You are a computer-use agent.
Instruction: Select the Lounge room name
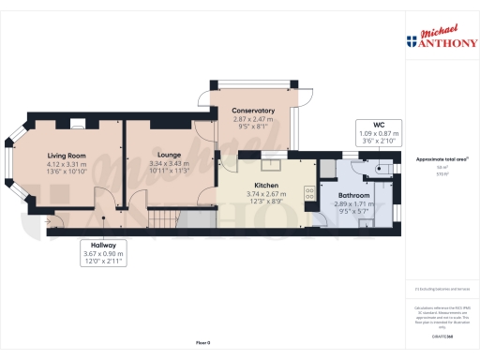coord(169,155)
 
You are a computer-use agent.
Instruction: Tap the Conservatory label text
coord(253,111)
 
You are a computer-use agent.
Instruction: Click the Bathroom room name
coord(354,195)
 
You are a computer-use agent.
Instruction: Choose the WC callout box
coord(379,133)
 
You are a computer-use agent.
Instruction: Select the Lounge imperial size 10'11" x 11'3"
coord(169,172)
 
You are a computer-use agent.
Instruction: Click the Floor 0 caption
coord(202,344)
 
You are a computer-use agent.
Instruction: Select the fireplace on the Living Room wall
coord(82,121)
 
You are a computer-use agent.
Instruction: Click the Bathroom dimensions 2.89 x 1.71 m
coord(354,203)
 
